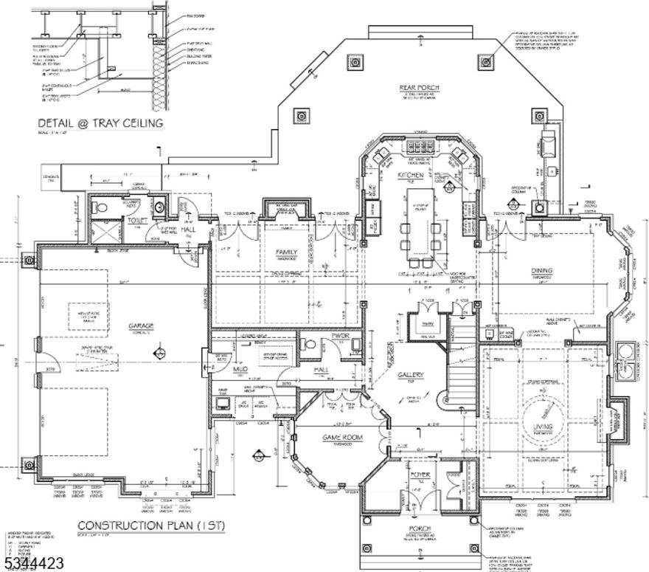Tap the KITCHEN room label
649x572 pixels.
(411, 175)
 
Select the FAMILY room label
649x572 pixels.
(286, 252)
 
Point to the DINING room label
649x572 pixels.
(541, 271)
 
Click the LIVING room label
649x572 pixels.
(544, 426)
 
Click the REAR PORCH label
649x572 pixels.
(420, 88)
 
